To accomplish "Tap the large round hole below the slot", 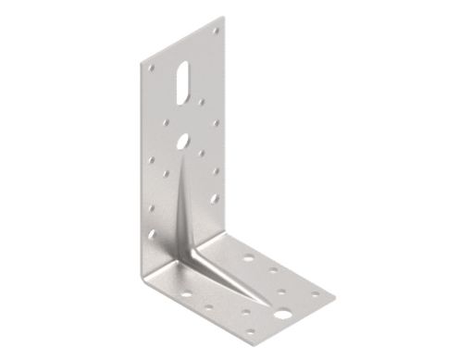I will [182, 141].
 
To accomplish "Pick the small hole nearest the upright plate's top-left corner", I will [151, 67].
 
